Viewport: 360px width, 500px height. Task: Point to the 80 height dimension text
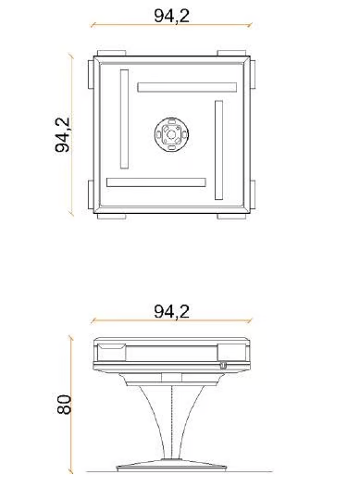click(64, 405)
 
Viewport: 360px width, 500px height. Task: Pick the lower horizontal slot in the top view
click(155, 181)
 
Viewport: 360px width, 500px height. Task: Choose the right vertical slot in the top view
click(219, 150)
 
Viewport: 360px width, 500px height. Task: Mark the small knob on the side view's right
click(223, 365)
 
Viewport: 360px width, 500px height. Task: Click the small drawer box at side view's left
click(113, 348)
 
